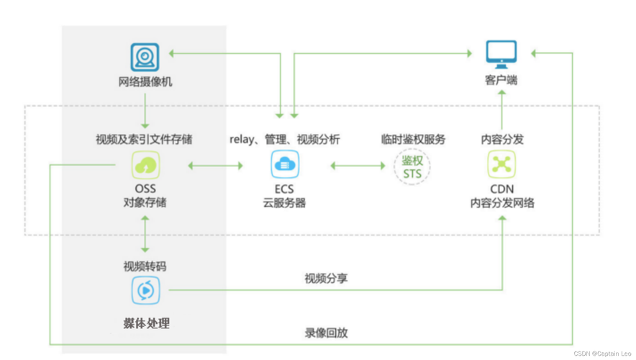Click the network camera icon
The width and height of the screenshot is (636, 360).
[145, 57]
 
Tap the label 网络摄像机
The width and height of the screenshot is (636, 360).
[145, 81]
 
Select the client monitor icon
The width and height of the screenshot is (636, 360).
[501, 54]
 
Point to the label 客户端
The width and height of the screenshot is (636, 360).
[501, 80]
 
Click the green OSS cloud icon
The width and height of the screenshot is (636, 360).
[145, 166]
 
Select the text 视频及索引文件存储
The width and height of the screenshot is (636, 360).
[144, 139]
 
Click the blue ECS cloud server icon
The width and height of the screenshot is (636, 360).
[285, 166]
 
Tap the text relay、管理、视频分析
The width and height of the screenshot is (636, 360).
[285, 139]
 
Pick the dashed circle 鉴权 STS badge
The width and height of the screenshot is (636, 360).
[412, 166]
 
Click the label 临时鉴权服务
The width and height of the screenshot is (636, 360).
[413, 139]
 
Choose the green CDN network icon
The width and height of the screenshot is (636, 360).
[501, 166]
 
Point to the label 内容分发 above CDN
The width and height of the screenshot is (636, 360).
[501, 139]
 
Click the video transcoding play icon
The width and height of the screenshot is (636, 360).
[145, 290]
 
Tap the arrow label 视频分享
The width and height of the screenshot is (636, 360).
[326, 279]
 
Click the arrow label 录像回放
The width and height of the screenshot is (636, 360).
[326, 333]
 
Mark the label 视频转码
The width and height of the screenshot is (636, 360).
[145, 266]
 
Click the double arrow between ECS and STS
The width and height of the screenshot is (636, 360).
[358, 166]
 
